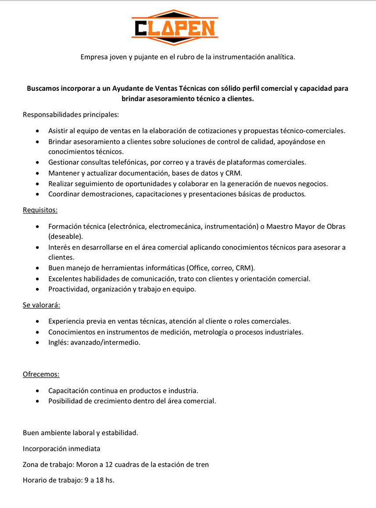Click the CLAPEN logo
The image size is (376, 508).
(x=175, y=28)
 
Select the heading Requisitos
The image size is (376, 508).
(x=40, y=210)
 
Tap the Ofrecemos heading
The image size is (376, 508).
(x=41, y=374)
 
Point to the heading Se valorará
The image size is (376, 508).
(x=41, y=305)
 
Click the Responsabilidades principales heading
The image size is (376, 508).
(x=71, y=114)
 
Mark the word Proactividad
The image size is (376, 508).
(x=68, y=289)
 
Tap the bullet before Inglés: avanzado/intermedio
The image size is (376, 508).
(x=39, y=343)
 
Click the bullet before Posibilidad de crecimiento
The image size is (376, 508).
(x=39, y=401)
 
